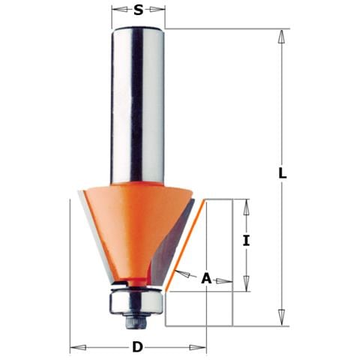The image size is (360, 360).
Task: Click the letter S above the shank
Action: (x=138, y=10)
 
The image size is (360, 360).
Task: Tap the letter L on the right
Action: (x=283, y=172)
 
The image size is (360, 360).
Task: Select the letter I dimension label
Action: (x=247, y=240)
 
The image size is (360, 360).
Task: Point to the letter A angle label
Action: (x=206, y=278)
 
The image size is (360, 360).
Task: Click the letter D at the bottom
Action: (x=137, y=347)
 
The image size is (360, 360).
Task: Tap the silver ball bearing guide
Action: (x=136, y=301)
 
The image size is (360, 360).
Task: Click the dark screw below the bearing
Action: (x=136, y=321)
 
